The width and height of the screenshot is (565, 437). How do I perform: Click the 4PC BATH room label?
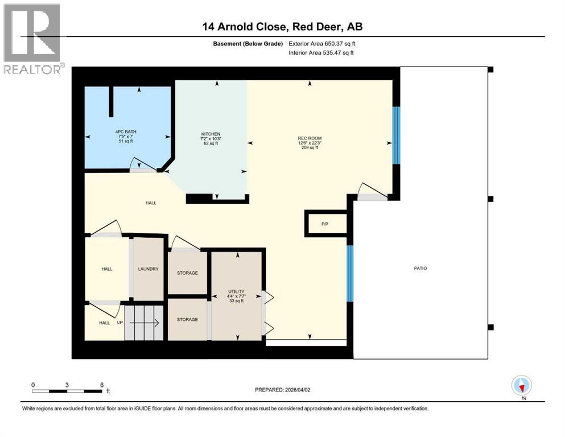[126, 131]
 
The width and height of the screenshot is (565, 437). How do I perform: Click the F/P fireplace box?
[325, 224]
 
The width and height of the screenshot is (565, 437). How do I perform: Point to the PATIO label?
[420, 268]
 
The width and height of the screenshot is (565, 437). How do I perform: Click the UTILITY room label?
[236, 292]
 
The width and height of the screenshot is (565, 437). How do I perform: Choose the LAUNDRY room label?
[148, 269]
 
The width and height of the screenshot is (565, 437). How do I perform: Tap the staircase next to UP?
[145, 323]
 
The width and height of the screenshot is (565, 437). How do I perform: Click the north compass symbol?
[521, 386]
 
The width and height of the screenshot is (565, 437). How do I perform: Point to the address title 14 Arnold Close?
[282, 26]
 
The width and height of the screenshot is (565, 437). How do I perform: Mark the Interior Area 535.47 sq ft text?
[321, 53]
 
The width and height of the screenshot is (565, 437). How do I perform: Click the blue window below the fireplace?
[350, 273]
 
